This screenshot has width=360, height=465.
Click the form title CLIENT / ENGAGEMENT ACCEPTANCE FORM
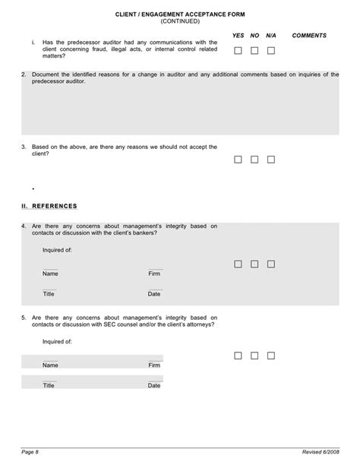[179, 14]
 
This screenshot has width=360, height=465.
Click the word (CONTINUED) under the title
[179, 21]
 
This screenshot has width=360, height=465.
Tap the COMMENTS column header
[309, 36]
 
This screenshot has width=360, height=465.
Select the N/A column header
[270, 36]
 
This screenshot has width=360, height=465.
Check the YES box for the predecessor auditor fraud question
[238, 51]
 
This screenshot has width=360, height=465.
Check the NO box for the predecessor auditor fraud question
[254, 51]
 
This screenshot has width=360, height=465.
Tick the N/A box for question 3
[271, 160]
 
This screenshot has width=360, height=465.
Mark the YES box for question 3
[238, 160]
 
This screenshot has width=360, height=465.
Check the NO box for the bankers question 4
[254, 264]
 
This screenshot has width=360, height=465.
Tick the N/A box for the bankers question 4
[271, 264]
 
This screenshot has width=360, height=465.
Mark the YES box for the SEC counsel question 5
[238, 355]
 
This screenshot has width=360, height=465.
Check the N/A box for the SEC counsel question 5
[271, 355]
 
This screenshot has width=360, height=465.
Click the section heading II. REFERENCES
[49, 206]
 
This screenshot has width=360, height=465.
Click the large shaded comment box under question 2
[179, 113]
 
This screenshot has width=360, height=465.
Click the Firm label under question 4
[154, 274]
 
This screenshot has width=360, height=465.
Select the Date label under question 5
[154, 385]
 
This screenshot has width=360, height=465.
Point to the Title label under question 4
[49, 293]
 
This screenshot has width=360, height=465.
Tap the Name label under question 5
[50, 365]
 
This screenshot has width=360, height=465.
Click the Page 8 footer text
[30, 453]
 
